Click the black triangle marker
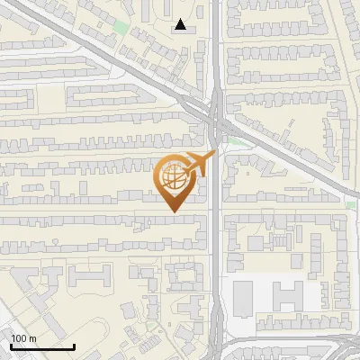tap(182, 25)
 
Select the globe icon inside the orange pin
tap(174, 177)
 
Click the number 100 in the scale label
tap(19, 338)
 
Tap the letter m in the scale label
tap(32, 338)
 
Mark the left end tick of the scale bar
tap(11, 346)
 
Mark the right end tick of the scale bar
tap(74, 346)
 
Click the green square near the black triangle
tap(121, 26)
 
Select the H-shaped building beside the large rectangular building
tap(289, 297)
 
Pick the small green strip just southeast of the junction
tap(236, 140)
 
